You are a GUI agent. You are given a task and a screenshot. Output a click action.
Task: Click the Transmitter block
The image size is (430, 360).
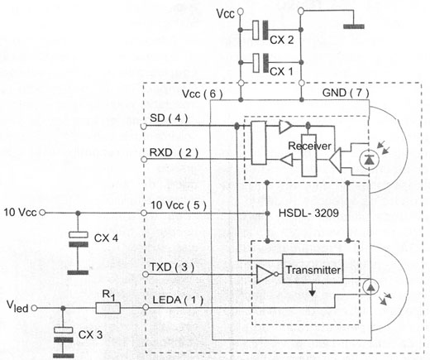click(313, 268)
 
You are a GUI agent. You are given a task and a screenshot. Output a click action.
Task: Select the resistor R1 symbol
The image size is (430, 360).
click(108, 308)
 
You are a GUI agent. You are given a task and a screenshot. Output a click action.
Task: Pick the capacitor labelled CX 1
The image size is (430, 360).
click(260, 63)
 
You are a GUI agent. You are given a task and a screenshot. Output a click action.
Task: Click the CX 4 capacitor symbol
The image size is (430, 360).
click(79, 239)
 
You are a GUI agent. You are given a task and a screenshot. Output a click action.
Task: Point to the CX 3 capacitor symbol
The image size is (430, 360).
click(63, 334)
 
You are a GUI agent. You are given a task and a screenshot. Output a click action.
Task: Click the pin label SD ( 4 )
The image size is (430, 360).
click(169, 118)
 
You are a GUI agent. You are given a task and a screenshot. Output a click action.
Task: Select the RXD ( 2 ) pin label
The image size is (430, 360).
click(174, 152)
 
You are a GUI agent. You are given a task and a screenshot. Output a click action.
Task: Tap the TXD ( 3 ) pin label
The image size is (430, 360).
click(172, 267)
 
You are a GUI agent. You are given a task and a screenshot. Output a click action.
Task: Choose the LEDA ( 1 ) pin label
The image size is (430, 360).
click(178, 300)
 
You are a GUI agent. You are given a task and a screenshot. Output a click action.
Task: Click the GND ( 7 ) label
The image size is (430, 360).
click(346, 93)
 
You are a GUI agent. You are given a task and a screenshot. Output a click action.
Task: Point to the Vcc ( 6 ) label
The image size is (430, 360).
click(203, 94)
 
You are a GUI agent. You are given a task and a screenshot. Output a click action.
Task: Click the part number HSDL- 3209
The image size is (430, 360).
click(308, 213)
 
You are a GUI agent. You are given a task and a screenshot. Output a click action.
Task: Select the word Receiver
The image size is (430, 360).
click(309, 146)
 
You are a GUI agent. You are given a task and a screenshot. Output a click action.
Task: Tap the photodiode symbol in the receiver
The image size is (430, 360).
click(370, 160)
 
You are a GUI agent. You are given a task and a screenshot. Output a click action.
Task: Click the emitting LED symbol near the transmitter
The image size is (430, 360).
click(370, 287)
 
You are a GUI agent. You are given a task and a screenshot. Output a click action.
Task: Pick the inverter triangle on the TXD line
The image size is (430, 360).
click(265, 274)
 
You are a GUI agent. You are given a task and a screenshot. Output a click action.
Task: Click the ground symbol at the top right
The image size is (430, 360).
click(354, 26)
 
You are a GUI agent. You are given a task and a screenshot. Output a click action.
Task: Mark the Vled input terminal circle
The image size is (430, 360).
click(34, 308)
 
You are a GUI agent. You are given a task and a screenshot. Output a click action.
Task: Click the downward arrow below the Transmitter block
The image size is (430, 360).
click(312, 290)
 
